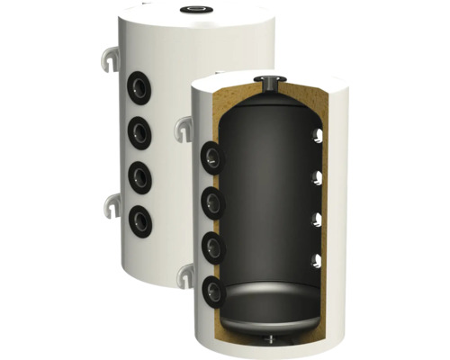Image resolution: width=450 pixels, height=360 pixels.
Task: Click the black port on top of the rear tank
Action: pos(193,11)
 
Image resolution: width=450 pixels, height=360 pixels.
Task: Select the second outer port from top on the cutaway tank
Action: pos(211,201)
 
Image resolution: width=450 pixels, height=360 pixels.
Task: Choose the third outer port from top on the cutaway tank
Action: pos(211,247)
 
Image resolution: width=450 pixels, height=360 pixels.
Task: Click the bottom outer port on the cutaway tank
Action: pos(211,290)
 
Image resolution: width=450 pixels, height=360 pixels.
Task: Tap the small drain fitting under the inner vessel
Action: pos(271,338)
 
